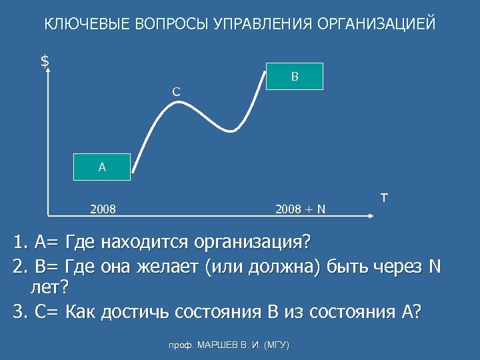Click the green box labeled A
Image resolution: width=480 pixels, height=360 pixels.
102,167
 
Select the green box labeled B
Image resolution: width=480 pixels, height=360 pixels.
295,77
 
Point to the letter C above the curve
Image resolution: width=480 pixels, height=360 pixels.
175,91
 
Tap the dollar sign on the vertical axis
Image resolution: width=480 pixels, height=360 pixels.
45,61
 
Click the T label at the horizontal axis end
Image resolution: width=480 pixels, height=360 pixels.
384,198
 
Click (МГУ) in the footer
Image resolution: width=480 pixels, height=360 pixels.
276,345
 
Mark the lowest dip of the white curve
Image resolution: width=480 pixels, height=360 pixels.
231,130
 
